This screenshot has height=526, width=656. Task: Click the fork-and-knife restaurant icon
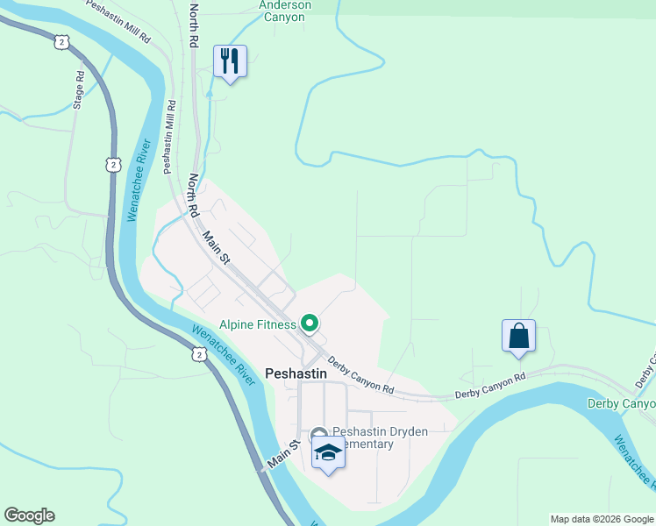point(230,61)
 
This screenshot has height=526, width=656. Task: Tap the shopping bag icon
point(518,336)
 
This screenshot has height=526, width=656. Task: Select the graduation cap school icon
point(328,452)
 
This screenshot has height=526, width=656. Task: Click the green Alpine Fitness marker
point(309,324)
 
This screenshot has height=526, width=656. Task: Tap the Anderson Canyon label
point(285,11)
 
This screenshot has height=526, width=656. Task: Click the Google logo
point(29,515)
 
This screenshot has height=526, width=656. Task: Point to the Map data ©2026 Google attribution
point(601,519)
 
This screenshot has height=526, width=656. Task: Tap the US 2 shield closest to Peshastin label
point(200,354)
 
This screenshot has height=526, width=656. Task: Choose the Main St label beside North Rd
point(216,248)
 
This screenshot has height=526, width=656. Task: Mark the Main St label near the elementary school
point(283,456)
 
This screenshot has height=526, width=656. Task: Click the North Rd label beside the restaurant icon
point(194,24)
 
